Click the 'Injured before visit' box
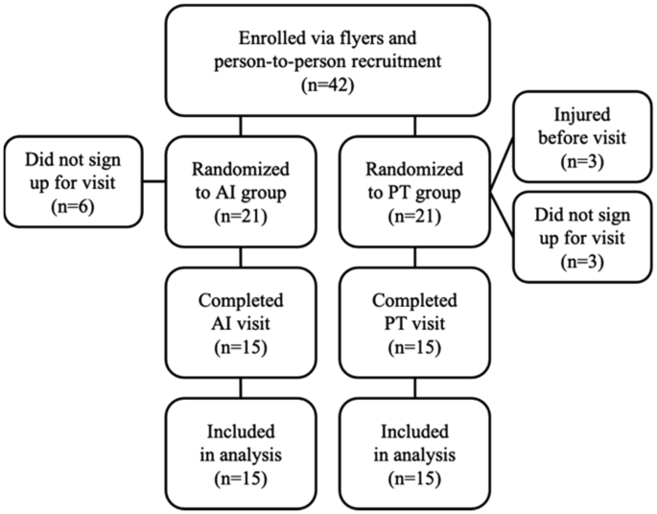click(x=585, y=135)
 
